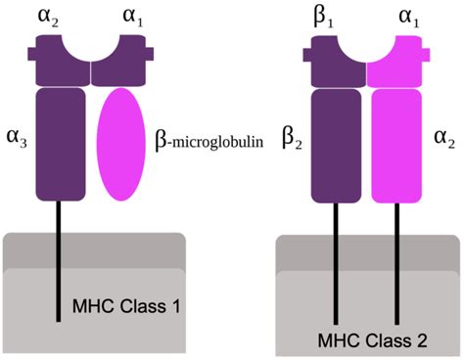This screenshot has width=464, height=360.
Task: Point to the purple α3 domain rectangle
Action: [62, 143]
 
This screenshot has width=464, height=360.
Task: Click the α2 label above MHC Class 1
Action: [49, 17]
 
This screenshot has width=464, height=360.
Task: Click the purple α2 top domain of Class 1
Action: [61, 61]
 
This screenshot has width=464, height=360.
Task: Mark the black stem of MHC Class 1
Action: [61, 254]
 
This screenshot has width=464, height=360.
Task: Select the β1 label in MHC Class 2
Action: [328, 17]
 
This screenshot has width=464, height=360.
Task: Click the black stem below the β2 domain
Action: [338, 264]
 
